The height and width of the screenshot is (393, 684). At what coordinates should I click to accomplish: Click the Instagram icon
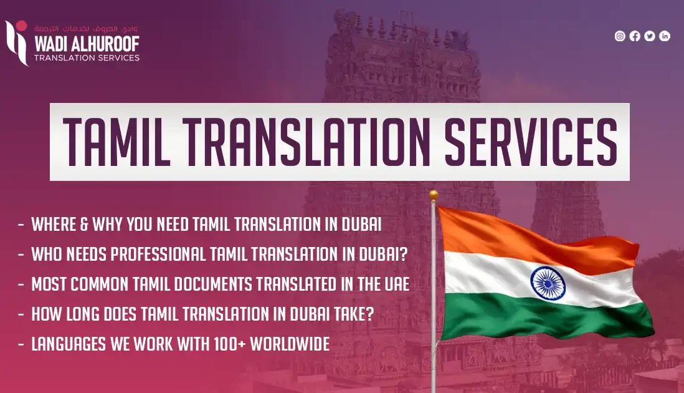pos(620,36)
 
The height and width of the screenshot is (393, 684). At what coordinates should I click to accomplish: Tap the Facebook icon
pos(635,36)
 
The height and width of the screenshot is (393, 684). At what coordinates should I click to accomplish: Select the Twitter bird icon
pos(650,36)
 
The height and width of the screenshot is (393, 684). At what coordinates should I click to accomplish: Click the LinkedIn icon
pos(665,36)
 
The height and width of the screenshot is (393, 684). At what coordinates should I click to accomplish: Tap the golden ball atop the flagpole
pos(434,195)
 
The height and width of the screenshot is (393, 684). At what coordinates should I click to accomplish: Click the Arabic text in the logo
pos(87,29)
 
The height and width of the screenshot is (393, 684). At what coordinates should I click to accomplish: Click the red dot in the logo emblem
pos(22,26)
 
